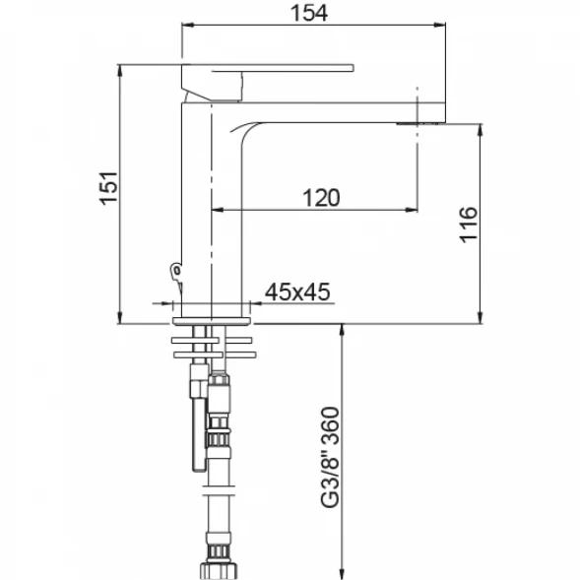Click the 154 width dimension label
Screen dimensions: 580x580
[x=309, y=13]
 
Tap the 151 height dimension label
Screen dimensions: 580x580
[x=108, y=188]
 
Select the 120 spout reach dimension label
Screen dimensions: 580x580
[x=321, y=198]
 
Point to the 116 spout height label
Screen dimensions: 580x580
[x=469, y=225]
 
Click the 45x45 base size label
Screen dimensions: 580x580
[x=297, y=291]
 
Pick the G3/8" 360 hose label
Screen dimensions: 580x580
[x=330, y=458]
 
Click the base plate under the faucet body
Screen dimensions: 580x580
[x=212, y=321]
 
